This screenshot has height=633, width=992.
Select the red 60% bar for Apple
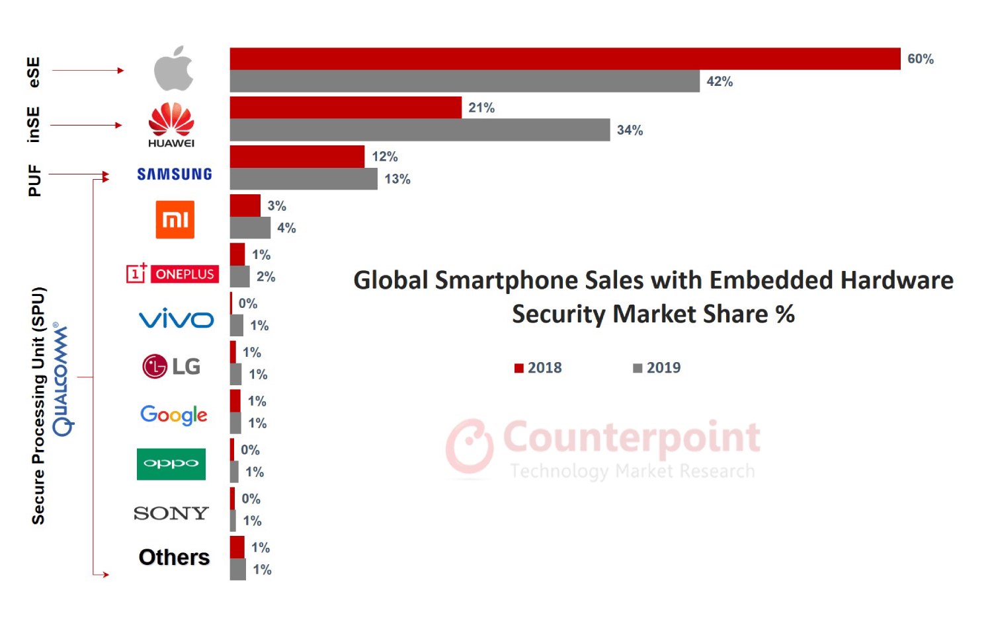tap(565, 59)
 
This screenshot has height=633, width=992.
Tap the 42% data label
tap(720, 81)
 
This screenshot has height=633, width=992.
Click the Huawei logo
tap(171, 124)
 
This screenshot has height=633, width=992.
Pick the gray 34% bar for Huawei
tap(419, 130)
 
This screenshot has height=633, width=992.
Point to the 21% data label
tap(481, 108)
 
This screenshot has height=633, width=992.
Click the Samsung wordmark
tap(175, 174)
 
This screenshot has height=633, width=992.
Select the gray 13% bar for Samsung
tap(304, 179)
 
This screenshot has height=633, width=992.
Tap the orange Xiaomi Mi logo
tap(175, 219)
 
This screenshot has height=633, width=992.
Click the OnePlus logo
tap(173, 274)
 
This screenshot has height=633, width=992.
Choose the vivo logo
tap(176, 319)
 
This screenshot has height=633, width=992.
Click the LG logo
tap(171, 366)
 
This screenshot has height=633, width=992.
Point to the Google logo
tap(174, 415)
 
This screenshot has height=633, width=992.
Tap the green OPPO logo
tap(171, 464)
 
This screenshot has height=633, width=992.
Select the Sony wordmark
tap(171, 513)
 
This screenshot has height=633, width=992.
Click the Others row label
tap(174, 557)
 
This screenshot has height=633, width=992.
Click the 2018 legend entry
tap(538, 368)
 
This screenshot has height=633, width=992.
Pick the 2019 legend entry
tap(657, 368)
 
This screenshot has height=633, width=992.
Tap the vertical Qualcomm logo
tap(62, 380)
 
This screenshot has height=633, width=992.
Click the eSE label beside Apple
tap(34, 72)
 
